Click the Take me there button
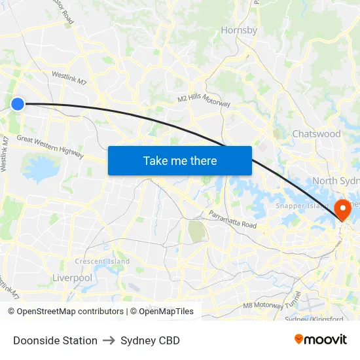(x=180, y=160)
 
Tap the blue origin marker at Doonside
(x=18, y=103)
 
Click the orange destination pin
(x=342, y=209)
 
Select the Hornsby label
(x=239, y=30)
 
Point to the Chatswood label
(x=316, y=134)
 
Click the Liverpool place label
(x=72, y=278)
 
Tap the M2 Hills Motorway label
(x=204, y=101)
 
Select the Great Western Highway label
(x=50, y=147)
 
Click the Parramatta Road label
(x=233, y=219)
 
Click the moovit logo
(x=321, y=339)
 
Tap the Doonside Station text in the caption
(x=55, y=340)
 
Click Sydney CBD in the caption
(x=150, y=340)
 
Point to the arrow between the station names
(x=109, y=340)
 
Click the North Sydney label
(x=336, y=181)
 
